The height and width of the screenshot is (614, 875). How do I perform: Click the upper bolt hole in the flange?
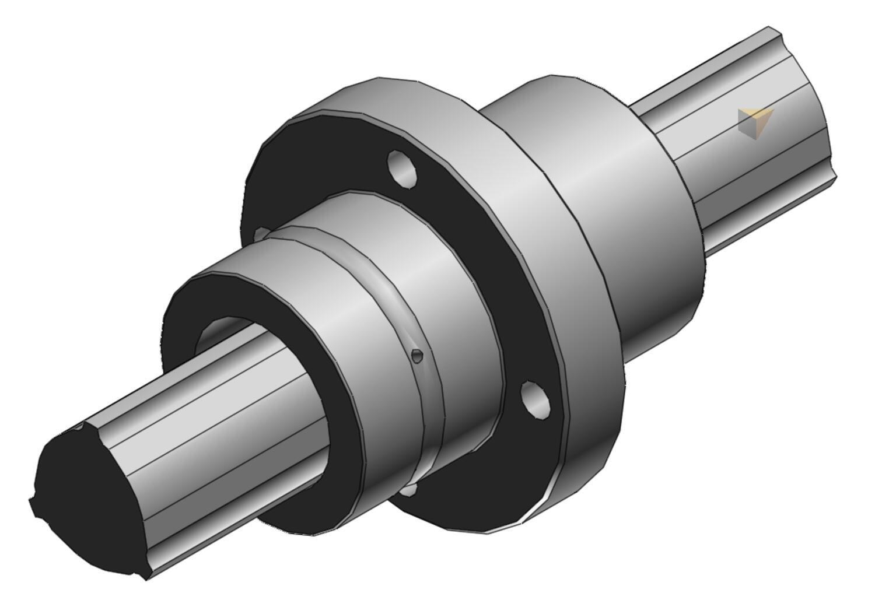click(402, 169)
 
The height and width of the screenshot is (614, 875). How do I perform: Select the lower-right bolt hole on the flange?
click(535, 399)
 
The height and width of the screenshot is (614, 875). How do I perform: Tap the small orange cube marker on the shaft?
click(755, 123)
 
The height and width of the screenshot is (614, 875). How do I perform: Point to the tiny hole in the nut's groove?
click(416, 355)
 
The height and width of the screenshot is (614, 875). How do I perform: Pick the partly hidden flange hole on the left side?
click(262, 234)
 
